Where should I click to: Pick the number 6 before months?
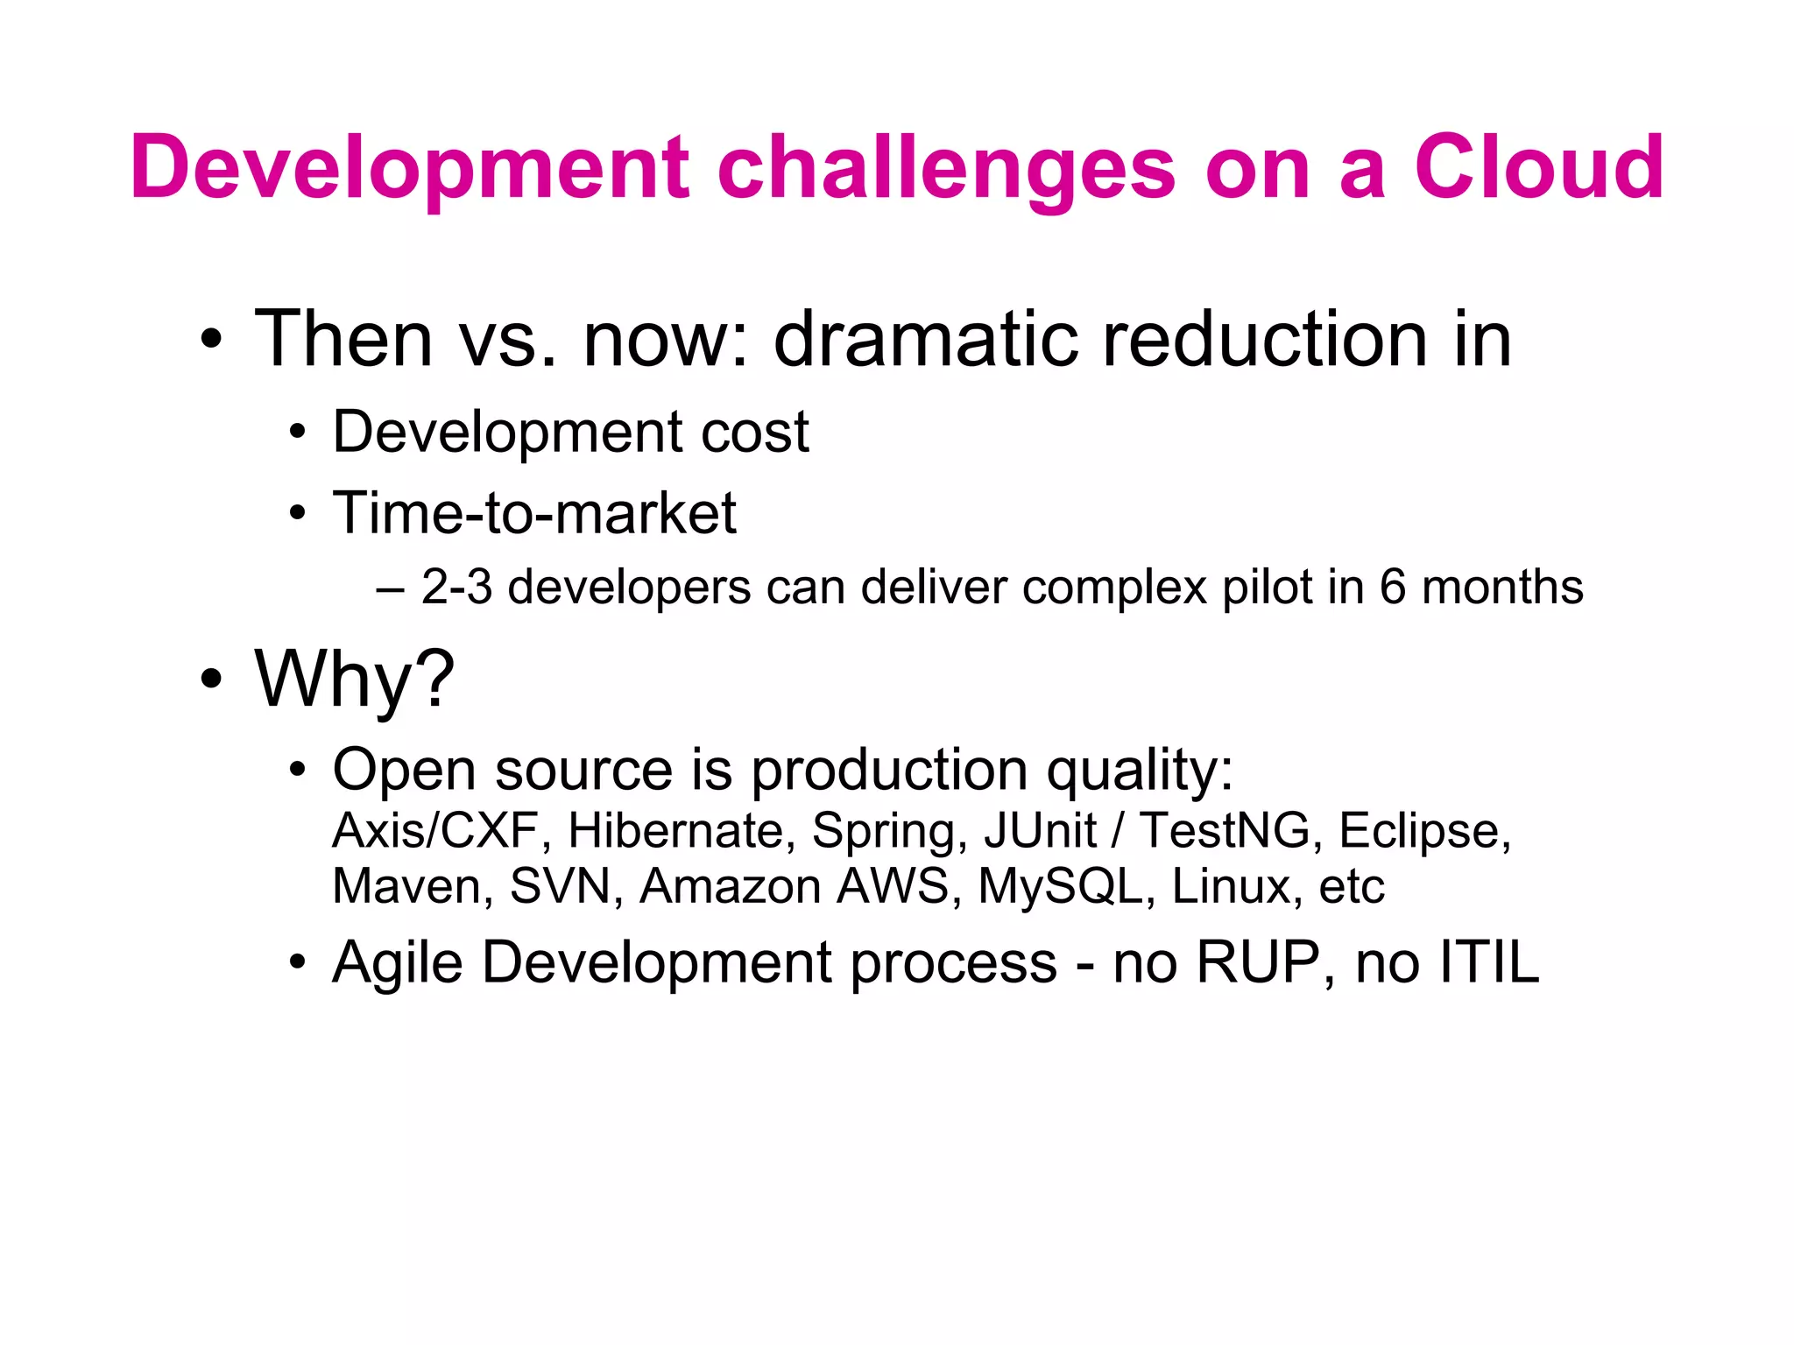1393,587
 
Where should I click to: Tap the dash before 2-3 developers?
390,588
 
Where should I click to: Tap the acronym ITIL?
1488,962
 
